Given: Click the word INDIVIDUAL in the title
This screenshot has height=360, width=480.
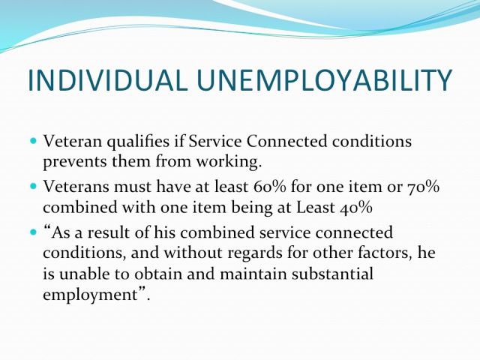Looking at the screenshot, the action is tap(107, 80).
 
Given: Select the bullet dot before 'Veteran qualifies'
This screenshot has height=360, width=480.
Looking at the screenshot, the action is tap(34, 141).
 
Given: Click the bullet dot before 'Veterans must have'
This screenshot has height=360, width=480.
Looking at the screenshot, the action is tap(34, 186).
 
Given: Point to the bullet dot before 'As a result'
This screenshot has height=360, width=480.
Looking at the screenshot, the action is tap(34, 232).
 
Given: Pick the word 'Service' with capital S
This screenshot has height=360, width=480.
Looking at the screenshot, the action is tap(215, 141).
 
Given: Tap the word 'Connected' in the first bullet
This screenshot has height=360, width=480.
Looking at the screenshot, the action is tap(286, 141).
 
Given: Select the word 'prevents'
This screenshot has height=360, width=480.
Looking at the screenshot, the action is tap(75, 162).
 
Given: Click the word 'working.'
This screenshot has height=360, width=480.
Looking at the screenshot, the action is tap(229, 162).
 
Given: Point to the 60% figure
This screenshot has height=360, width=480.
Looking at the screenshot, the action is tap(270, 187).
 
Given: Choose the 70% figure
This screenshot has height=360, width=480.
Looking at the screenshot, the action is tap(423, 187).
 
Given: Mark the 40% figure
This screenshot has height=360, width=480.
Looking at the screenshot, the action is tap(356, 208).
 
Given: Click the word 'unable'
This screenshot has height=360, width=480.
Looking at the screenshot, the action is tap(85, 273).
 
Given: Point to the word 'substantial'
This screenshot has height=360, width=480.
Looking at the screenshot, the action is tap(332, 273).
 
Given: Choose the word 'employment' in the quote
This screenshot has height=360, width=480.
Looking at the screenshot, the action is tap(91, 295).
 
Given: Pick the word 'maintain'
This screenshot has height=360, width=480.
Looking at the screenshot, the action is tap(253, 273).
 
